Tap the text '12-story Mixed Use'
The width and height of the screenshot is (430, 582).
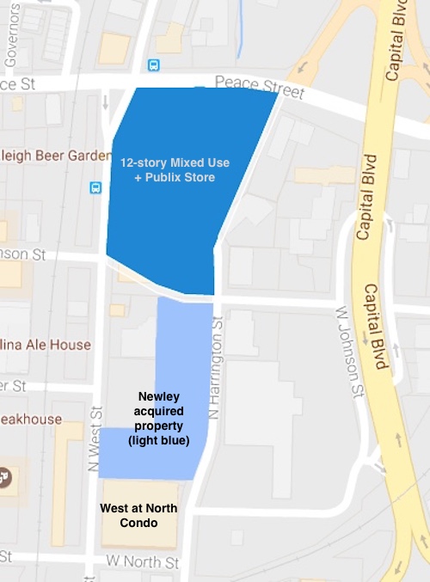pyautogui.click(x=175, y=162)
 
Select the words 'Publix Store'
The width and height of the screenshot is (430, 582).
pyautogui.click(x=183, y=177)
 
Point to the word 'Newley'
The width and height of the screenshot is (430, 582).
pyautogui.click(x=163, y=397)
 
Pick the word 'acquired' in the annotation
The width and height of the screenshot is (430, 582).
pyautogui.click(x=163, y=412)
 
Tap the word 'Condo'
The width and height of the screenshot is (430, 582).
pyautogui.click(x=138, y=523)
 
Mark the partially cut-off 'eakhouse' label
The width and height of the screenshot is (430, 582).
pyautogui.click(x=31, y=419)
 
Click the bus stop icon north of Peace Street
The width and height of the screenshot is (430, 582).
pyautogui.click(x=153, y=65)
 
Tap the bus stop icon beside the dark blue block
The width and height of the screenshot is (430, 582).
pyautogui.click(x=95, y=187)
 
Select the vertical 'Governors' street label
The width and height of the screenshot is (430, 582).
pyautogui.click(x=11, y=34)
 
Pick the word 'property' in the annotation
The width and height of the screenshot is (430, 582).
pyautogui.click(x=163, y=426)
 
